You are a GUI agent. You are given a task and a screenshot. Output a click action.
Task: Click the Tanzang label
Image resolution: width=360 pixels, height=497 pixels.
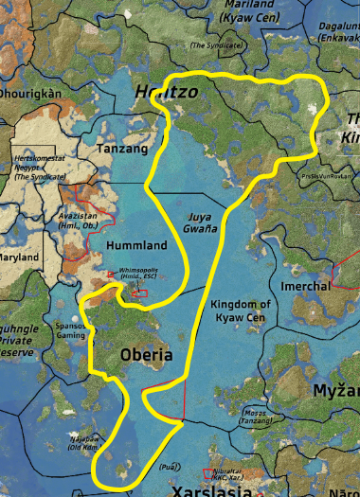coord(123,150)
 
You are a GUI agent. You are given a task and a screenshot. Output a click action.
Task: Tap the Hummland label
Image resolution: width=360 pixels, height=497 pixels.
coord(136,246)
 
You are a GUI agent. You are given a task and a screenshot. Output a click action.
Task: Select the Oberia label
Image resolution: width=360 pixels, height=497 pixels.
coord(147,355)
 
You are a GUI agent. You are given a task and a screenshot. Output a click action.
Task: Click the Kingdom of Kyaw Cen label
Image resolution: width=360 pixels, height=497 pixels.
coord(241,310)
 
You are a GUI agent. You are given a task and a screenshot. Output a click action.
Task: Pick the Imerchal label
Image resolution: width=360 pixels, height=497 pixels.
coord(306,286)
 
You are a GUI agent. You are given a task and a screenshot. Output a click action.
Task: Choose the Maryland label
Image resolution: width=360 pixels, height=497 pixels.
coord(23,257)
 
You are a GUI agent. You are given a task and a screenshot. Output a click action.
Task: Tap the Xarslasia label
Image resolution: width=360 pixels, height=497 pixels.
coord(210,490)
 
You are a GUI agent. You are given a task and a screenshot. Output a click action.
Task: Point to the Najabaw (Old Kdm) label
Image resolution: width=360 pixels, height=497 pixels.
coord(82,443)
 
